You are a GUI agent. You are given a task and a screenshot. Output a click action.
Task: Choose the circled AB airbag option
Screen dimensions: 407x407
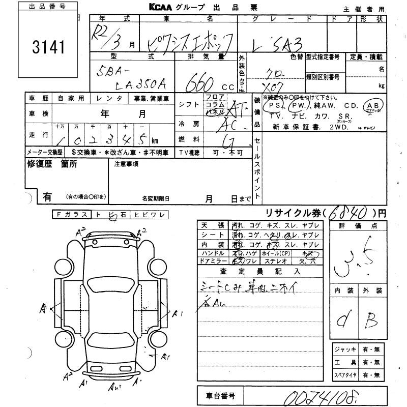point(374,105)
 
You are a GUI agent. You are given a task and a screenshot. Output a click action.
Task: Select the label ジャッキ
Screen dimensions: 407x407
point(343,350)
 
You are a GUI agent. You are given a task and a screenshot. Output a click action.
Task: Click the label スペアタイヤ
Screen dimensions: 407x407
point(344,375)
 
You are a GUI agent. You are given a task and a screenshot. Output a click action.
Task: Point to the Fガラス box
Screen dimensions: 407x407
point(72,215)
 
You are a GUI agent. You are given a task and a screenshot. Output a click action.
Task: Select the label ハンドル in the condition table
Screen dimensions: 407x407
point(212,253)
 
